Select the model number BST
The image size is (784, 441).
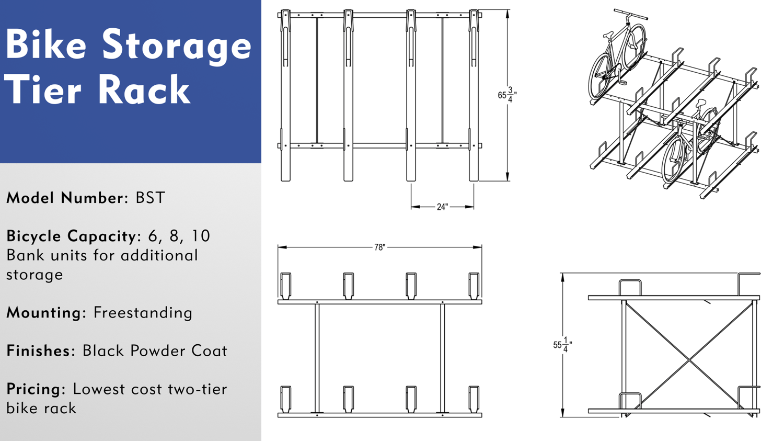click(150, 198)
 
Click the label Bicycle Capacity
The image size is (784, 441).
click(72, 236)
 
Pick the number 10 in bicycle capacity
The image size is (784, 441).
click(200, 236)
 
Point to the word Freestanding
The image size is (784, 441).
click(143, 312)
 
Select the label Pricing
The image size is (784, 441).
click(34, 389)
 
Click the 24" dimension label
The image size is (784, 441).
click(442, 207)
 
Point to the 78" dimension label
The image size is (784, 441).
click(379, 247)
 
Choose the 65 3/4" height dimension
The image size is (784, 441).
click(506, 95)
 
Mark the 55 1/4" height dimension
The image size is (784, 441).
click(562, 345)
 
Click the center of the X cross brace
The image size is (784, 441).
click(689, 360)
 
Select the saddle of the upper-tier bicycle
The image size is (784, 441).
click(608, 36)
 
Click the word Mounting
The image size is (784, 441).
click(44, 312)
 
